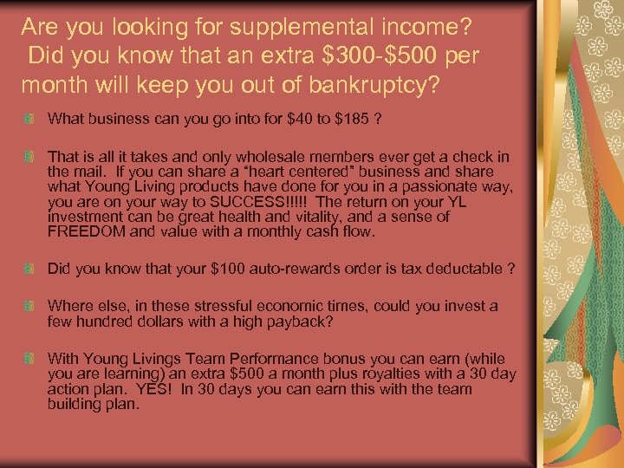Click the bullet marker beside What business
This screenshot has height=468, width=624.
pyautogui.click(x=30, y=118)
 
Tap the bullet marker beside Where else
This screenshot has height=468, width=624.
pyautogui.click(x=30, y=306)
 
